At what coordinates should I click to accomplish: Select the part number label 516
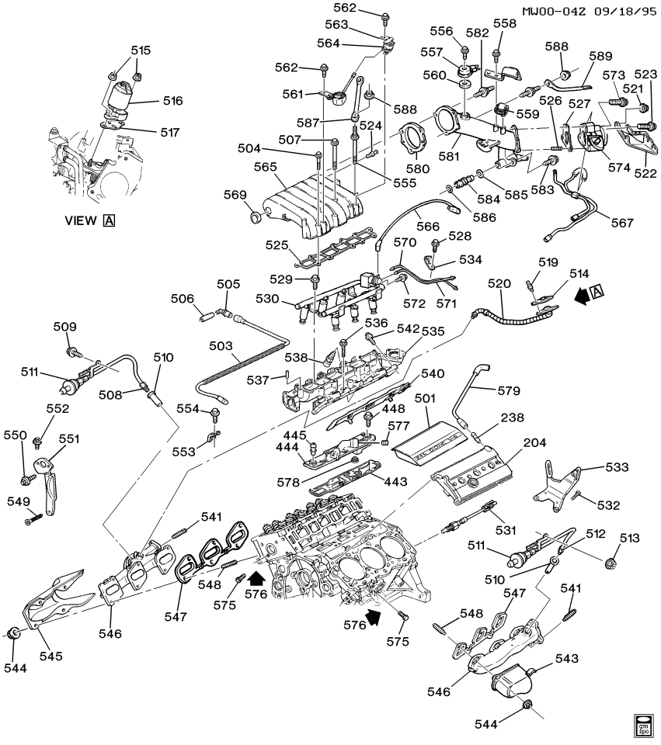tap(172, 101)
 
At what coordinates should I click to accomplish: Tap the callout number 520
tap(497, 285)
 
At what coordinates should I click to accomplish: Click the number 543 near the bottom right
tap(567, 659)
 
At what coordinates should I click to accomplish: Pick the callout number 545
tap(52, 656)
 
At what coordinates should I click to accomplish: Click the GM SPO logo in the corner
tap(644, 724)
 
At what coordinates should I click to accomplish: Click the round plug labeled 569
tap(254, 213)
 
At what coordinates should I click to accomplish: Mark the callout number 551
tap(69, 438)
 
